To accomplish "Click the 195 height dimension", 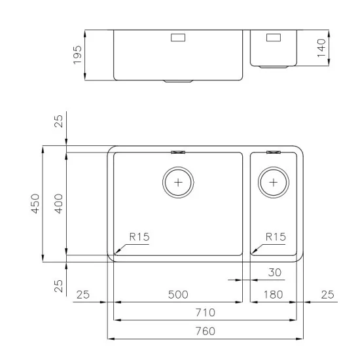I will pyautogui.click(x=78, y=54).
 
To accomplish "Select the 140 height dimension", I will pyautogui.click(x=320, y=47).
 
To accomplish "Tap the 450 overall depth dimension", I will pyautogui.click(x=36, y=204).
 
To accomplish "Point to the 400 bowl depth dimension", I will pyautogui.click(x=59, y=204).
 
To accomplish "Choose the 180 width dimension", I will pyautogui.click(x=272, y=295).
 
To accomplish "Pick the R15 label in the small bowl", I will pyautogui.click(x=276, y=238).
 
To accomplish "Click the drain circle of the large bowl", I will pyautogui.click(x=178, y=181).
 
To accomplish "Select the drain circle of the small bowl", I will pyautogui.click(x=273, y=181).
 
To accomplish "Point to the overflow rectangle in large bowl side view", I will pyautogui.click(x=178, y=39).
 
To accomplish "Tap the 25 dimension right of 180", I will pyautogui.click(x=327, y=295).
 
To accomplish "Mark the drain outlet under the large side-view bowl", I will pyautogui.click(x=178, y=82).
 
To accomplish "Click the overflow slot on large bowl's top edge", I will pyautogui.click(x=178, y=152).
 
